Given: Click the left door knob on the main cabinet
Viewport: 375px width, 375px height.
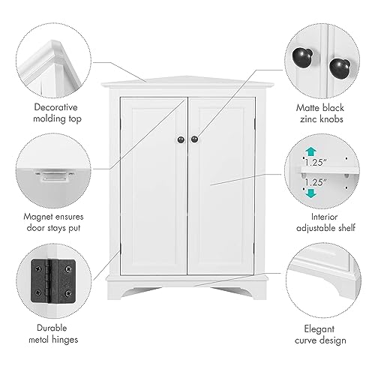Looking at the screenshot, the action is [181, 139].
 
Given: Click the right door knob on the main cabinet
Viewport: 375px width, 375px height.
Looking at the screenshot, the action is [194, 139].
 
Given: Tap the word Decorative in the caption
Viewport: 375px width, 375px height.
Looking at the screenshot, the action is [55, 107].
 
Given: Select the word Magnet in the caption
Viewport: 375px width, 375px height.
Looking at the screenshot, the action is [38, 217].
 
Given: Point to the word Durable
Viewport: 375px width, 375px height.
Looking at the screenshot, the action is [52, 328].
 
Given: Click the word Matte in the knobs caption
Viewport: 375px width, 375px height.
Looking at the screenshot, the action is [307, 108].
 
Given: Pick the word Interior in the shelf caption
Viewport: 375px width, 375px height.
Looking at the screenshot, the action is [324, 217].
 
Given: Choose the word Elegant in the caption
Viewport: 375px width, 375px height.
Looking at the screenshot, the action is [319, 329].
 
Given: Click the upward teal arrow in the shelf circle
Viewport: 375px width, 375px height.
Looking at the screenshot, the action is [310, 152].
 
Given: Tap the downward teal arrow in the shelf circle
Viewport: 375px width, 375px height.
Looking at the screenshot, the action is [310, 193].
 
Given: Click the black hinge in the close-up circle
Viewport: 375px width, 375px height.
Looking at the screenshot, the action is [53, 281].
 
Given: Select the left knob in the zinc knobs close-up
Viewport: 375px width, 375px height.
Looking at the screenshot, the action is [302, 58].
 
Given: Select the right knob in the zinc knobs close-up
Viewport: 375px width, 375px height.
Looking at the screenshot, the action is [340, 67].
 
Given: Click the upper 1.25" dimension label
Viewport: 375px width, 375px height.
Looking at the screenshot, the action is [316, 163].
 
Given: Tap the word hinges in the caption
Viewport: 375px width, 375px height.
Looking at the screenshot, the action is [65, 340].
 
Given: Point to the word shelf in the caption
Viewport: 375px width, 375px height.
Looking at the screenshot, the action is [346, 228].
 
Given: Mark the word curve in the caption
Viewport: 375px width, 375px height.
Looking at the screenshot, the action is [305, 340].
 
